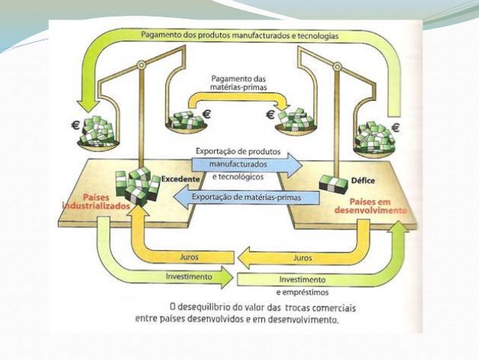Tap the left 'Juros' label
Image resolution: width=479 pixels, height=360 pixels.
189,256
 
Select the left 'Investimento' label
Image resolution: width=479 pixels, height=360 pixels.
189,276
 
